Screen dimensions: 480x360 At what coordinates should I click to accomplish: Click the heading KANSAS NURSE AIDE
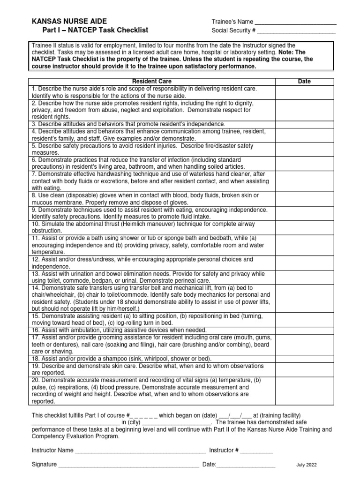pyautogui.click(x=69, y=22)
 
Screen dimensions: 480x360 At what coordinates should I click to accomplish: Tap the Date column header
pyautogui.click(x=304, y=82)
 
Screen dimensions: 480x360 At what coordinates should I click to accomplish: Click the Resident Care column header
pyautogui.click(x=152, y=82)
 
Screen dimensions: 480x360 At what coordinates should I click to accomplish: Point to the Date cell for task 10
pyautogui.click(x=304, y=228)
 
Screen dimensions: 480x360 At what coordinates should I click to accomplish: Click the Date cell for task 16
pyautogui.click(x=304, y=330)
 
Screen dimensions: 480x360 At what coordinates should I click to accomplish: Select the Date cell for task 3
pyautogui.click(x=304, y=124)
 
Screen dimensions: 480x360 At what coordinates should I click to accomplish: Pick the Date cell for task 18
pyautogui.click(x=304, y=358)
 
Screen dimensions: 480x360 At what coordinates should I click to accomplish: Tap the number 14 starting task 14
pyautogui.click(x=35, y=288)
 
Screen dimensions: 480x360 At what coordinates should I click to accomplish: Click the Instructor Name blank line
pyautogui.click(x=140, y=451)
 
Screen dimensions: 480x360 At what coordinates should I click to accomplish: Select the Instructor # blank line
pyautogui.click(x=256, y=451)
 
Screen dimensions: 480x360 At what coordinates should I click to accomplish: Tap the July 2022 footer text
pyautogui.click(x=307, y=465)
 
